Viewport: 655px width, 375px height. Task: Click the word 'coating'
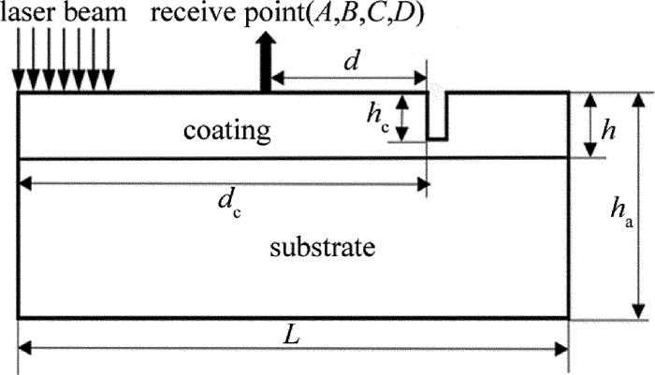(226, 129)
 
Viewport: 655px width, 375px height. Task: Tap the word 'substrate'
(322, 248)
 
